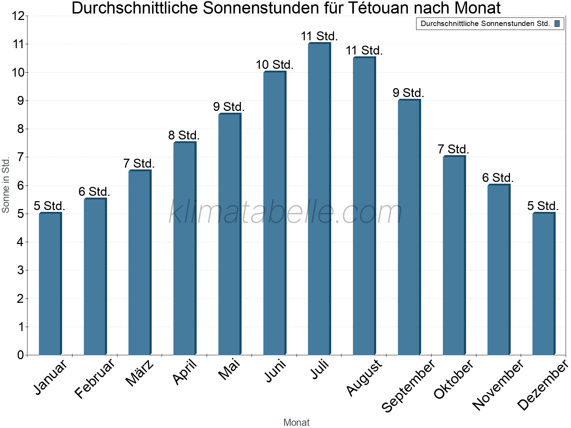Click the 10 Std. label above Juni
(274, 65)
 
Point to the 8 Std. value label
(184, 136)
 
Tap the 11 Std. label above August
(364, 51)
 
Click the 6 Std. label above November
(498, 178)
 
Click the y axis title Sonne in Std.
(6, 185)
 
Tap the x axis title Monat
(296, 423)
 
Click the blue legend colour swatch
(557, 24)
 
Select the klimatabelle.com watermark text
(285, 213)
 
